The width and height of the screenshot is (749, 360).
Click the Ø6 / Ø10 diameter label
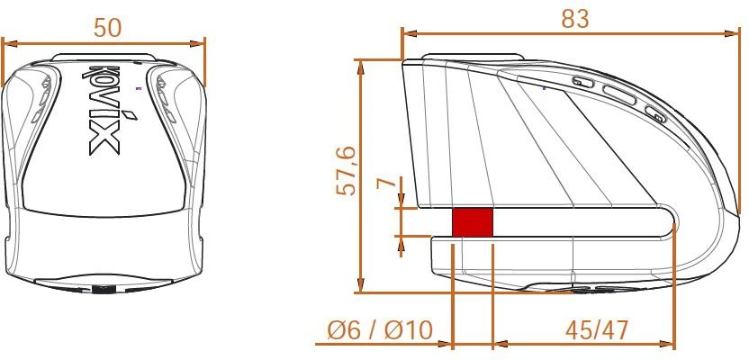click(x=380, y=330)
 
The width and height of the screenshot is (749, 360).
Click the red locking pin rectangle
click(x=472, y=222)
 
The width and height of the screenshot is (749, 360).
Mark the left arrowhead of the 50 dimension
click(x=7, y=41)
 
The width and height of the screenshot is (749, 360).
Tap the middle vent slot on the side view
click(x=620, y=94)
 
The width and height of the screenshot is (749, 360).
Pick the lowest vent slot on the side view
click(x=654, y=113)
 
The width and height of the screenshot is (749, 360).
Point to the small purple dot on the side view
click(x=545, y=88)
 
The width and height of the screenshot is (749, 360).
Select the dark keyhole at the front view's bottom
click(x=103, y=290)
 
